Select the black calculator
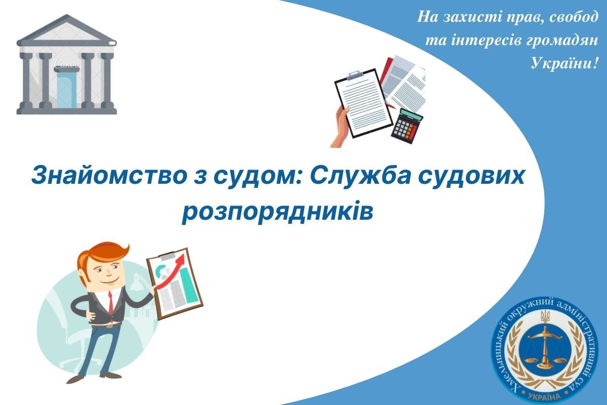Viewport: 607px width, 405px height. tap(408, 125)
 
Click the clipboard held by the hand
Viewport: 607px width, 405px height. tap(363, 101)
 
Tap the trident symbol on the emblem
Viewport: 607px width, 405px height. tap(545, 318)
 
